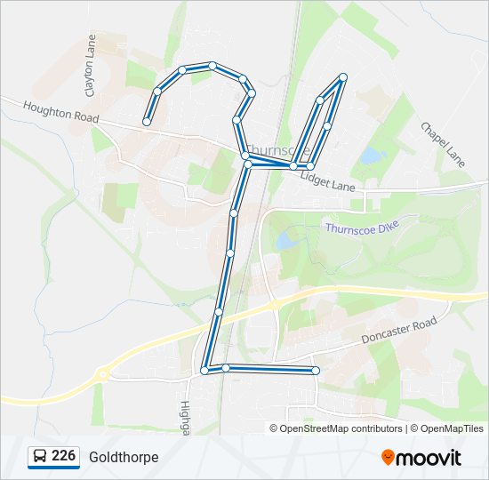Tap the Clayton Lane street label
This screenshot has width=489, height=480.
point(90,66)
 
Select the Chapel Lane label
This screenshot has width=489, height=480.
point(442,144)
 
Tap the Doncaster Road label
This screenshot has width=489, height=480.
point(399,331)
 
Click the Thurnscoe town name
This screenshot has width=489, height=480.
point(277,151)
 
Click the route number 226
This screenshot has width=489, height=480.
point(63,456)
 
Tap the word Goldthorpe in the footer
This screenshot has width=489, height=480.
point(124,457)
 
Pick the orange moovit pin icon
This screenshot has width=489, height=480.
point(389,457)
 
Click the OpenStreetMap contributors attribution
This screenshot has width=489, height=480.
point(341,428)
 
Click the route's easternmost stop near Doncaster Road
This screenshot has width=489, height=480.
point(316,370)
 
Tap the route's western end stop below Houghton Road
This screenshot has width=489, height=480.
point(147,122)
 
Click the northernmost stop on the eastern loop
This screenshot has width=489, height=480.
point(342,77)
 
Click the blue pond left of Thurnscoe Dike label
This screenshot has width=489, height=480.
point(285,240)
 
